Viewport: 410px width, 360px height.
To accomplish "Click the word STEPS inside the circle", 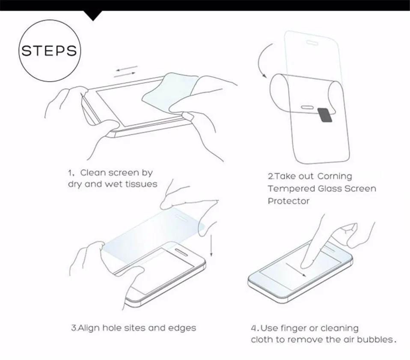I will click(49, 51).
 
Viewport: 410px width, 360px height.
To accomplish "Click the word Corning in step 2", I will click(334, 176).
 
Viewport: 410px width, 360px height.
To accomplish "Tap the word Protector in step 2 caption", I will click(288, 201).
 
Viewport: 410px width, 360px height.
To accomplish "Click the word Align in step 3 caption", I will click(89, 328).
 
